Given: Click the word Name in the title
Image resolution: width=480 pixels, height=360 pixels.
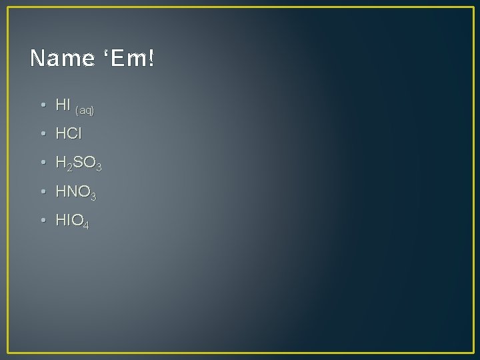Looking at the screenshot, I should pos(62,59).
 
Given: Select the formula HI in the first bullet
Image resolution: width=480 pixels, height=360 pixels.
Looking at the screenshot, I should pos(63,105).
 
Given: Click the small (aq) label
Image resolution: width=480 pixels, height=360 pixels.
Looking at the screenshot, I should pos(85,109).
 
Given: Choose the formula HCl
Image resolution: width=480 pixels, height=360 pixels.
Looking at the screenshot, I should pos(69,133).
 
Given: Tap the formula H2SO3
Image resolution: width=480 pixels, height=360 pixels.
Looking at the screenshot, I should pos(79,163).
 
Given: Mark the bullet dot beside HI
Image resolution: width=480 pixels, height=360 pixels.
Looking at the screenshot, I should pos(42,105).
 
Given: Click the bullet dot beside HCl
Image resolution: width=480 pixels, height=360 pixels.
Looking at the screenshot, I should pos(42,134).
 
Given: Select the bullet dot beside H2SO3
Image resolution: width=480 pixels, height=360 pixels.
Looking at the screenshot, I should pos(42,163).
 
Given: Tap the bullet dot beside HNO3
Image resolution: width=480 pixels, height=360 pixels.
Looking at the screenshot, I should pos(42,192).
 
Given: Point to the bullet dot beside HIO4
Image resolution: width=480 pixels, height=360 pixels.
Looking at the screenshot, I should pos(42,221).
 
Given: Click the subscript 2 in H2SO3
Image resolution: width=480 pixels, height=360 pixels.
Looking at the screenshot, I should pos(69,167).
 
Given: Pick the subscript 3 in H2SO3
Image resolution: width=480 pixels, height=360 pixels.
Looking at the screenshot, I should pos(98,167).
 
